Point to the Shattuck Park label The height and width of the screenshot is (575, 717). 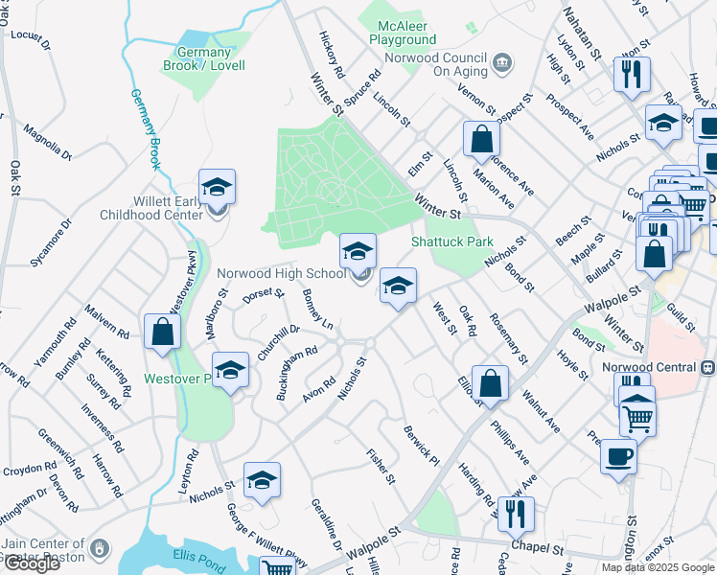[451, 241]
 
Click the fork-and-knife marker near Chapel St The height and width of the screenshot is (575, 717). [516, 514]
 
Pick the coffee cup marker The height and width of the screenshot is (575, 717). [619, 455]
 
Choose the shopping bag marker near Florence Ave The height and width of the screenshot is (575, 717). [481, 139]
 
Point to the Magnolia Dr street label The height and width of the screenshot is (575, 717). [48, 140]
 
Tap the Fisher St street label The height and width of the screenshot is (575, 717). [381, 466]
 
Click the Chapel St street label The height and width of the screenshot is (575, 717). [537, 547]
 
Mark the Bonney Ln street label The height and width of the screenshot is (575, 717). [317, 310]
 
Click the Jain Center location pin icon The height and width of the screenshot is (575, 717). [99, 548]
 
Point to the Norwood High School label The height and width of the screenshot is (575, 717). [281, 273]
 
